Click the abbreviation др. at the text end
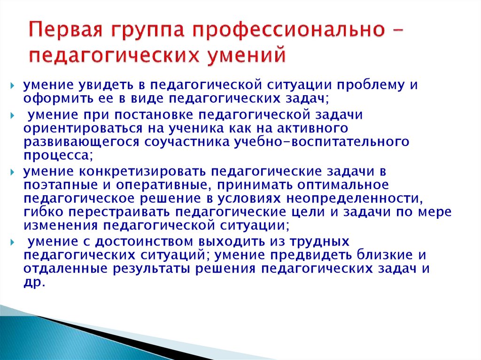pos(34,283)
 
